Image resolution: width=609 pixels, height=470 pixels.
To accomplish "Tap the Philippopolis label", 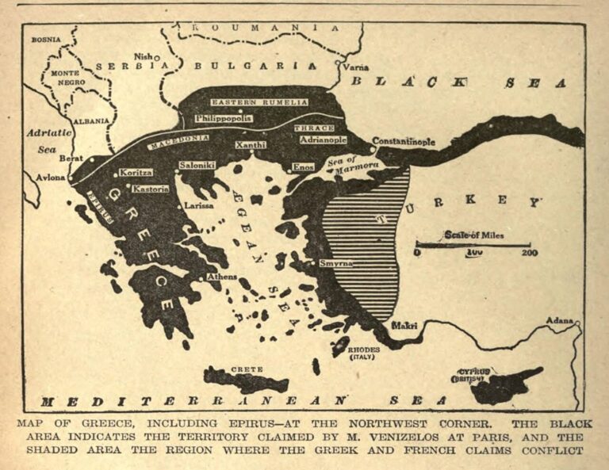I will [224, 118].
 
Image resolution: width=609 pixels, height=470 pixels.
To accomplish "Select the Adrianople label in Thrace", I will [323, 139].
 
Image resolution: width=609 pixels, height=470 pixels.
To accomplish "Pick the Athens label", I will [221, 277].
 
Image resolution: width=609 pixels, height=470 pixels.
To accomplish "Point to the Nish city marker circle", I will [156, 57].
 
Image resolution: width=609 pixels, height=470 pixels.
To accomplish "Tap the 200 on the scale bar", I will [528, 253].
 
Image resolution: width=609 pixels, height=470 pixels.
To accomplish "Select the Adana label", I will [560, 320].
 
